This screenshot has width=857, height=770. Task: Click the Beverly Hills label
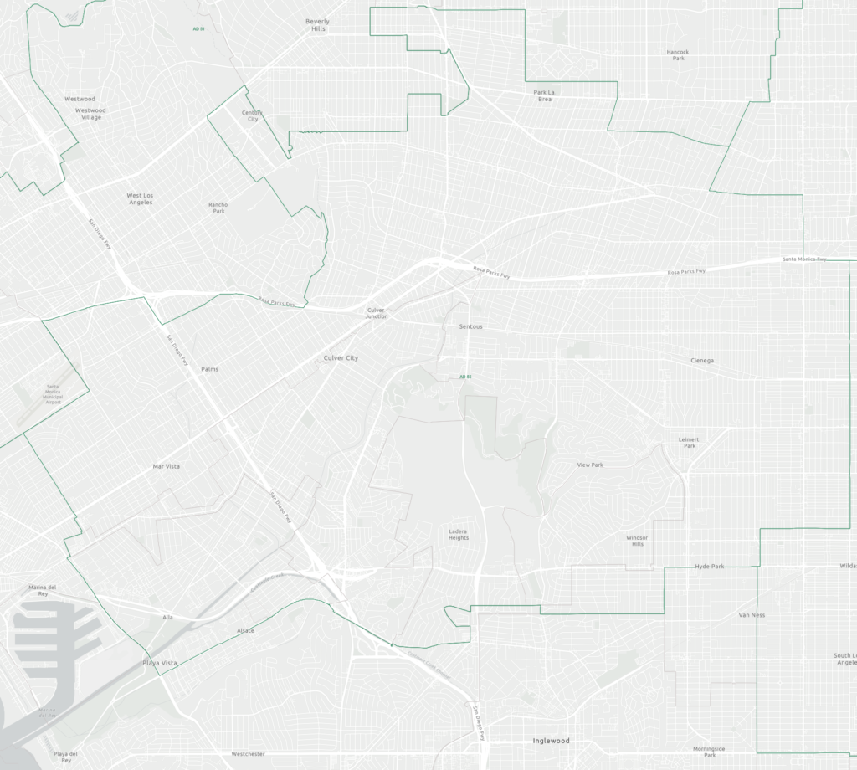317,25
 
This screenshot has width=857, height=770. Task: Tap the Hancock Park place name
677,54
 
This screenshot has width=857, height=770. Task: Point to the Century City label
252,116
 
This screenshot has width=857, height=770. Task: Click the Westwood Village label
90,114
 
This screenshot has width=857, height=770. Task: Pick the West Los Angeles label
140,198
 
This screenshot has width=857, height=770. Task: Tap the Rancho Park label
218,208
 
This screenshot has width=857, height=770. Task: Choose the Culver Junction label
377,313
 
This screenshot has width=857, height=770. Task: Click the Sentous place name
471,326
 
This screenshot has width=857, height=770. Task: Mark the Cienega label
702,361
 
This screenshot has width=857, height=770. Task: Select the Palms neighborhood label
209,369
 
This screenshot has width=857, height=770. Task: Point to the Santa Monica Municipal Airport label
54,394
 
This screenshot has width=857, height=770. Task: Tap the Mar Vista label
166,466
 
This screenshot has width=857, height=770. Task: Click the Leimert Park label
690,443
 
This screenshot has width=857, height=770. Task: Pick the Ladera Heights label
459,534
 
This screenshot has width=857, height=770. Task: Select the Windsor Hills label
637,541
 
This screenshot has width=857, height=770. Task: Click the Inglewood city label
551,741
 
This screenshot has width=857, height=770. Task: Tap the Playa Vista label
160,663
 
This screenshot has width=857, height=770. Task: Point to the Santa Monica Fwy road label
805,259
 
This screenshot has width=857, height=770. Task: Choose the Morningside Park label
710,752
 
